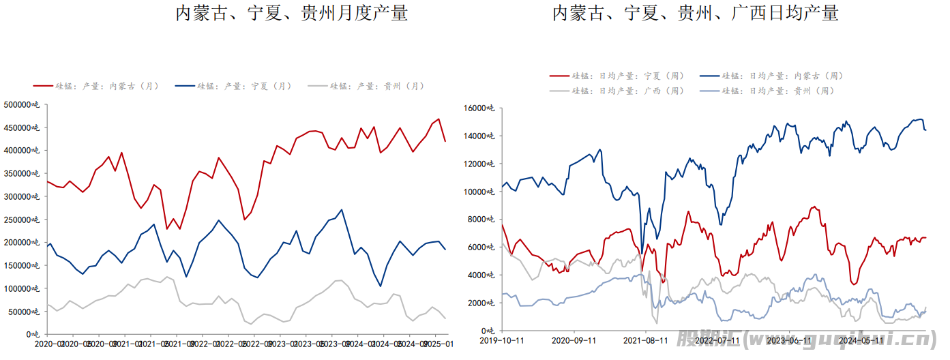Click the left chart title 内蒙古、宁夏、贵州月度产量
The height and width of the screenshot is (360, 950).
tap(292, 13)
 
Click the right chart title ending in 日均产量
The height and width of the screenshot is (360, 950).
tap(695, 13)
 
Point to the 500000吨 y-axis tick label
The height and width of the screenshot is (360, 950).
tap(22, 104)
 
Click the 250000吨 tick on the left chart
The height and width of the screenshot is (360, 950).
tap(22, 220)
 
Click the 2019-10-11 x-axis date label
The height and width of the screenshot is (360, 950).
tap(503, 340)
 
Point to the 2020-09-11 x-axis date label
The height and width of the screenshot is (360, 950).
tap(574, 340)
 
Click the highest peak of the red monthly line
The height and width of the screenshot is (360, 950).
tap(439, 119)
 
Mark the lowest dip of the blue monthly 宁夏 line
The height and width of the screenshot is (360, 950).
tap(380, 286)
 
